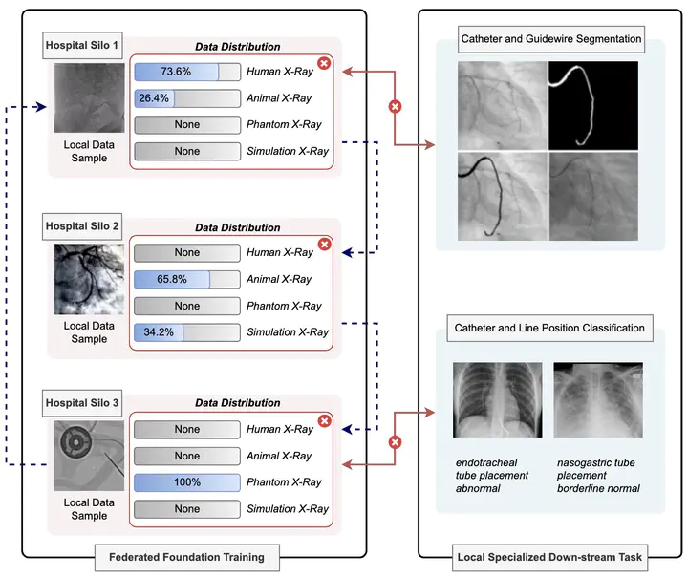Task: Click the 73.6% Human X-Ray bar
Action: [187, 72]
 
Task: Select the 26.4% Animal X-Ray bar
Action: [187, 97]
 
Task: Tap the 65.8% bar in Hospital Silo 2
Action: [187, 279]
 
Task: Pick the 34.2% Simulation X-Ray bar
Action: [187, 332]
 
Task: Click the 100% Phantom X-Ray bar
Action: [187, 482]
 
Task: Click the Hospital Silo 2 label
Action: [82, 226]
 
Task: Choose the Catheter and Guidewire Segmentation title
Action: [551, 40]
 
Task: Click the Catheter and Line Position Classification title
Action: [551, 328]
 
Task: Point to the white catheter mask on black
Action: [592, 106]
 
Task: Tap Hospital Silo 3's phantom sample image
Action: [89, 455]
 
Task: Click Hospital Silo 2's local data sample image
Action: [89, 279]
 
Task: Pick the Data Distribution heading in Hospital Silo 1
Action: [237, 46]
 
